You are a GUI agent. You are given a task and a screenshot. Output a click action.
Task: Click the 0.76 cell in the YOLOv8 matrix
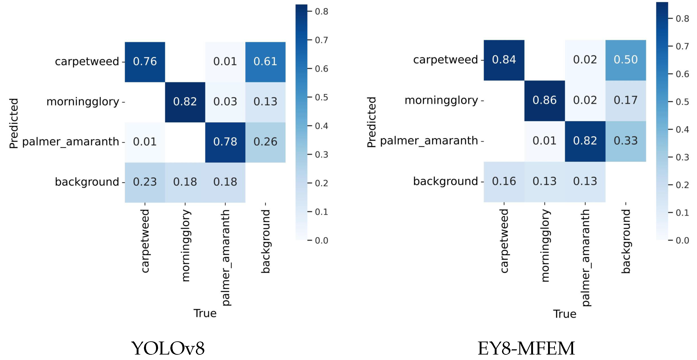(x=145, y=62)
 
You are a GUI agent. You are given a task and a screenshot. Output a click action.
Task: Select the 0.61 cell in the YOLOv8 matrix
(x=265, y=62)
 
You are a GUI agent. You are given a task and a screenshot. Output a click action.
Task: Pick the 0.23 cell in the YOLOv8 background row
(x=145, y=182)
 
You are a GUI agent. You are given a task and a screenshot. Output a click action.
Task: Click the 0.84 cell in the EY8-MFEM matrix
(x=504, y=60)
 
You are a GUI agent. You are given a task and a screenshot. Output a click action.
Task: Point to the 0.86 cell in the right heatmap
(x=544, y=100)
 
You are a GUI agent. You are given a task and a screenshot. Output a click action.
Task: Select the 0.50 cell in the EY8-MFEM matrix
(x=625, y=60)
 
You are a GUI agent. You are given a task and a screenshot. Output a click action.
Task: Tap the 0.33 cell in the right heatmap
(x=625, y=141)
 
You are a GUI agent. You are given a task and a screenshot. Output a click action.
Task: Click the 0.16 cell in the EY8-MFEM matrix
(x=504, y=181)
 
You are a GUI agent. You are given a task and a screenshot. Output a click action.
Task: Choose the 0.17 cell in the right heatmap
(x=625, y=100)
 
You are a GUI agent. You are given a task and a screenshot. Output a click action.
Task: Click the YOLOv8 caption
(x=168, y=348)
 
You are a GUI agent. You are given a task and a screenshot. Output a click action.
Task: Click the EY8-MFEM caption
(x=526, y=348)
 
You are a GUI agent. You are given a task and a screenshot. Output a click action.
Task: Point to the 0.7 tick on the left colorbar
(x=321, y=40)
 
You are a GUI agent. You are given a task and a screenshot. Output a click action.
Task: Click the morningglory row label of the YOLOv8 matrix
(x=83, y=102)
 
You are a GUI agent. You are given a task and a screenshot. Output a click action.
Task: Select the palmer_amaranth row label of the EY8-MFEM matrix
(x=429, y=141)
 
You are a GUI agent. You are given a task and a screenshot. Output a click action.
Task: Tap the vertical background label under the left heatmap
(x=265, y=241)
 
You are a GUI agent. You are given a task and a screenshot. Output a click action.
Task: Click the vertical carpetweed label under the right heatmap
(x=504, y=241)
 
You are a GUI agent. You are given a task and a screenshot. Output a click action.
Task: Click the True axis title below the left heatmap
(x=205, y=313)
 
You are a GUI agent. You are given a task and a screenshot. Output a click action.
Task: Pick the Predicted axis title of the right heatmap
(x=372, y=122)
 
